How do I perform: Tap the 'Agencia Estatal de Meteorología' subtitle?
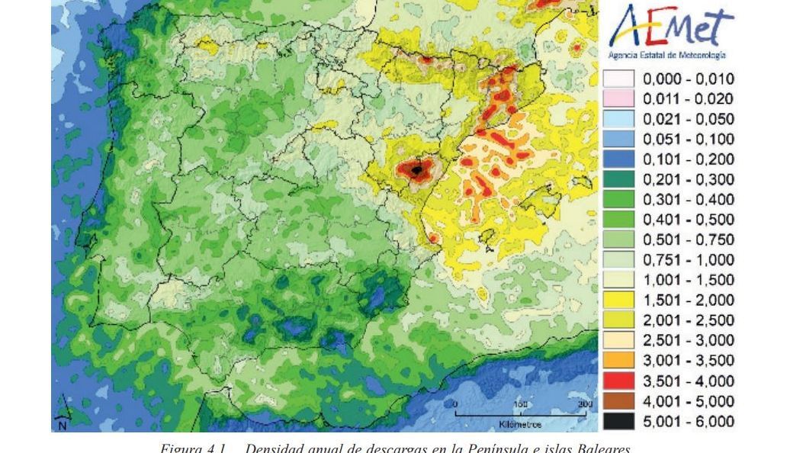point(666,56)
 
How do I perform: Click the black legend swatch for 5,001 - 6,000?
point(618,422)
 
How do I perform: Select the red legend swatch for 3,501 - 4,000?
point(618,381)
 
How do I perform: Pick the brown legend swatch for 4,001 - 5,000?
point(618,401)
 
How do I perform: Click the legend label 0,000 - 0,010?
point(688,79)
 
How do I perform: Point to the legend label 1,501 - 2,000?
point(688,300)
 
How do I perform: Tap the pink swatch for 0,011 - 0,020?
point(618,98)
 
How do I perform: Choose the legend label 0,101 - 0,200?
point(688,159)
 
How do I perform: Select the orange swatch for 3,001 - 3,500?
point(618,361)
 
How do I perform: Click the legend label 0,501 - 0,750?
point(688,240)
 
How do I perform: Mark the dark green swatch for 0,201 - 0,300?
point(618,179)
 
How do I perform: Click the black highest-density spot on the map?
point(416,170)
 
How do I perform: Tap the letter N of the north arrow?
point(63,426)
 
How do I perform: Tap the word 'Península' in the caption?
point(495,448)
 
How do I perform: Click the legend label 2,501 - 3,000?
point(688,341)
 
